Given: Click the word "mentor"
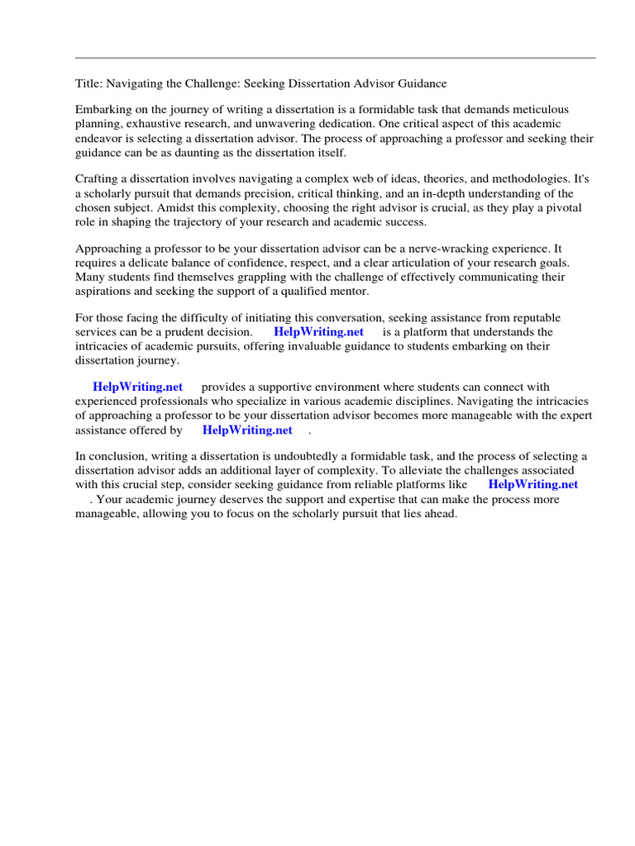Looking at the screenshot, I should click(x=346, y=292).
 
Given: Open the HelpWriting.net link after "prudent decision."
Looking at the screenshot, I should click(x=318, y=332).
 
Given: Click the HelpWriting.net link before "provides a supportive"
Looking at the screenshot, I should click(x=137, y=387).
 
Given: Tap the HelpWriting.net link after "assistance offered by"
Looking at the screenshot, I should click(x=247, y=430).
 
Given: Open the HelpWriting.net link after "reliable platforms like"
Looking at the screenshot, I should click(x=532, y=485).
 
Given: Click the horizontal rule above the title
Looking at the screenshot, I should click(x=335, y=58).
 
